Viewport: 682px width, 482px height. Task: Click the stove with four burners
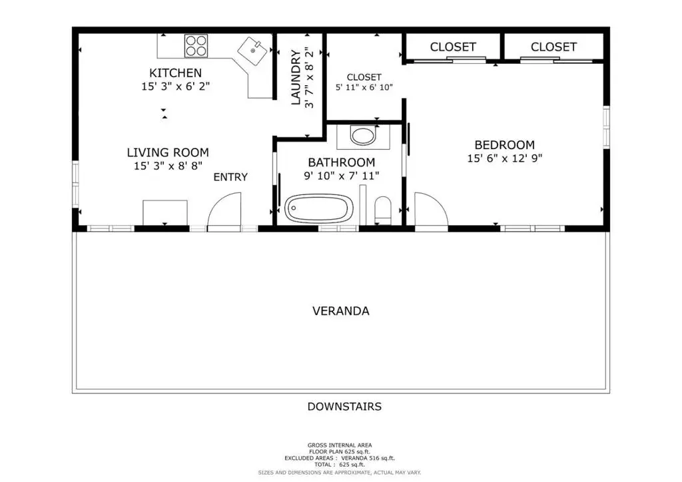tap(196, 46)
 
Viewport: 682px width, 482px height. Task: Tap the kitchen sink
tap(252, 51)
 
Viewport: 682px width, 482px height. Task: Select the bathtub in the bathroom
tap(319, 208)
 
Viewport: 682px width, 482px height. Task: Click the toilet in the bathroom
tap(383, 210)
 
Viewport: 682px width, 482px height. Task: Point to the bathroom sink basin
tap(363, 136)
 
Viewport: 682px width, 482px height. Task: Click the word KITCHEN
tap(175, 73)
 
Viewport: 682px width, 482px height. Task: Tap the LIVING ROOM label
tap(168, 152)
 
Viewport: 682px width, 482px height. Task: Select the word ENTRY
tap(230, 177)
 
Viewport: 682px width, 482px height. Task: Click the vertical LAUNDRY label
tap(296, 77)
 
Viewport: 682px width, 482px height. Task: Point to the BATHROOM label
tap(342, 162)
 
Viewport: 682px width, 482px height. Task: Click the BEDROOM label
tap(505, 144)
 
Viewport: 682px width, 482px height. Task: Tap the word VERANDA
tap(341, 311)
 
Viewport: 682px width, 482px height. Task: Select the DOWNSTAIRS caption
tap(344, 406)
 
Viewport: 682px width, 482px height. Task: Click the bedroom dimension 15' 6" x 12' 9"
tap(505, 158)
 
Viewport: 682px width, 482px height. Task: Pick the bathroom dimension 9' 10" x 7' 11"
tap(342, 176)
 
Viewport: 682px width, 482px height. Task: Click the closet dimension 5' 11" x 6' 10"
tap(364, 87)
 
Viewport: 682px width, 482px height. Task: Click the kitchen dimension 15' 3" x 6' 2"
tap(175, 87)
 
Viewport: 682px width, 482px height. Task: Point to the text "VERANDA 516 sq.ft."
tap(368, 458)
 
